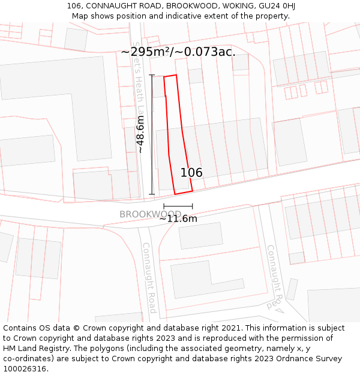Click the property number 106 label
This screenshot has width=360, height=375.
[x=191, y=173]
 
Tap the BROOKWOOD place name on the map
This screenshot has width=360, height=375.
[x=150, y=214]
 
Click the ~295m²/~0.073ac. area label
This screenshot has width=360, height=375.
[x=178, y=52]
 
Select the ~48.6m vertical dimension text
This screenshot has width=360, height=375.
[x=140, y=134]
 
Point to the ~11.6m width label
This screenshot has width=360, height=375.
[x=178, y=219]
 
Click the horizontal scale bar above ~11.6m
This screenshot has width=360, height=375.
[x=178, y=206]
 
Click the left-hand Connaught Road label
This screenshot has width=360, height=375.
[x=149, y=277]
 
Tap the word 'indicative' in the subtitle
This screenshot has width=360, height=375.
[x=187, y=16]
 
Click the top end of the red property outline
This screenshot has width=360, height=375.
[x=170, y=76]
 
